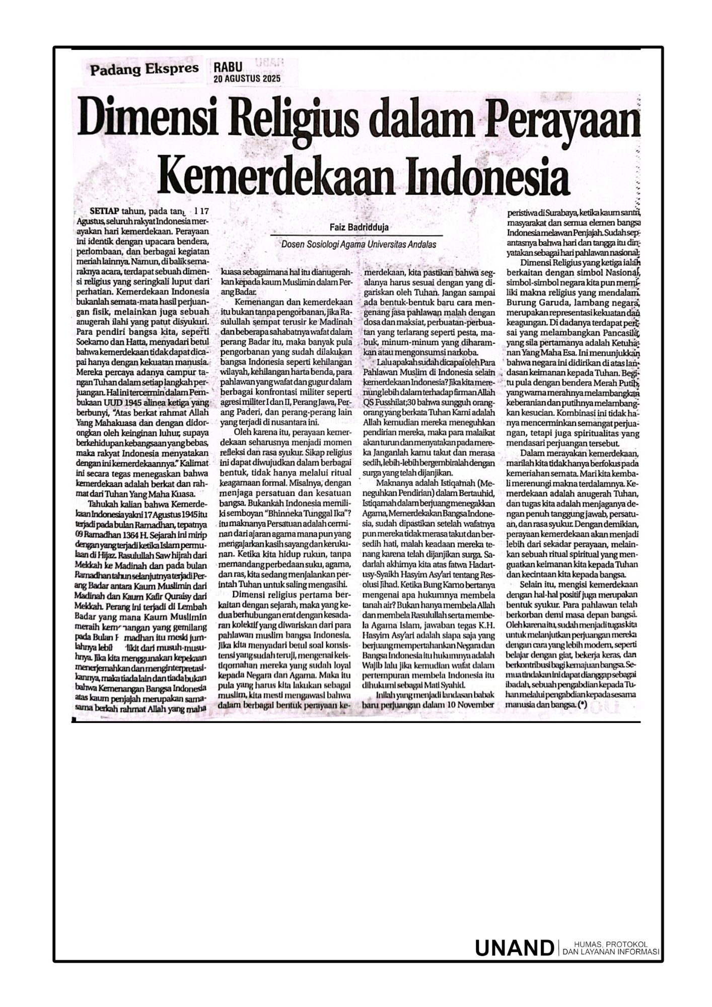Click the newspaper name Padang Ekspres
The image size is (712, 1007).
[x=144, y=69]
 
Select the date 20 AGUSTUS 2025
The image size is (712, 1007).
[x=246, y=79]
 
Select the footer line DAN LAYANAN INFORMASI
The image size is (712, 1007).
[x=610, y=952]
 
